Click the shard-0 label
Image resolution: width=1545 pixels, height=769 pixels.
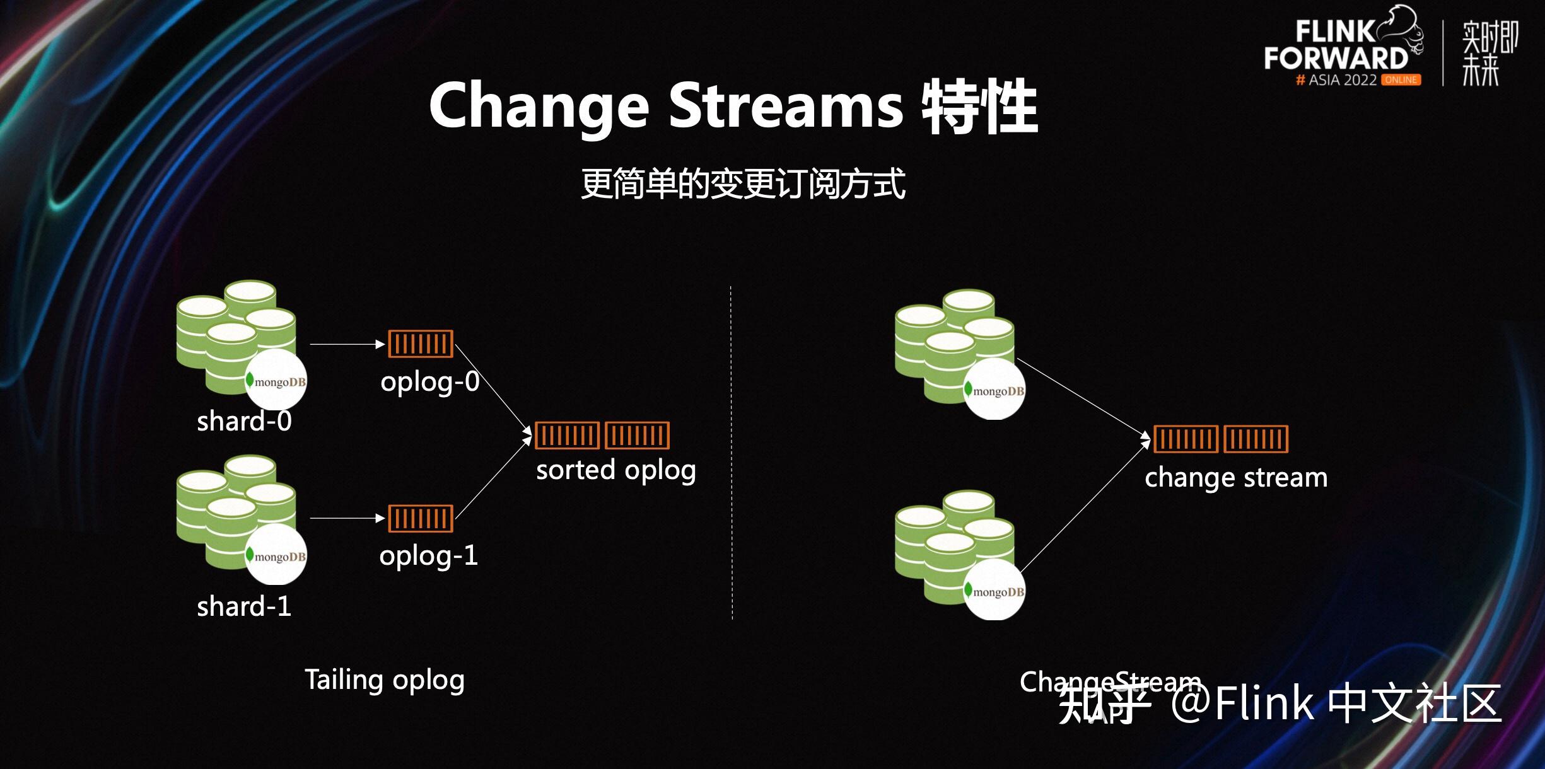(x=244, y=421)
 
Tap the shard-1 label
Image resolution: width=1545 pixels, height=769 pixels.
(x=244, y=606)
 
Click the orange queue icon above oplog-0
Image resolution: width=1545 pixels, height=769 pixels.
(x=421, y=344)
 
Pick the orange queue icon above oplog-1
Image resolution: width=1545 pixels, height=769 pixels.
(x=421, y=519)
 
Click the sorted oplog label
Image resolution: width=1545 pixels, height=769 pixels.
(x=616, y=471)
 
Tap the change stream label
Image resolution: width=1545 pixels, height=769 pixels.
(x=1236, y=478)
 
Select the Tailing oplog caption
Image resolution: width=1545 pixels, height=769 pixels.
(x=385, y=681)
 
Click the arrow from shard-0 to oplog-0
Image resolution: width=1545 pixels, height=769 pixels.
(x=347, y=344)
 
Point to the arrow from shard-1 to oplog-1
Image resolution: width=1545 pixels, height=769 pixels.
(x=347, y=518)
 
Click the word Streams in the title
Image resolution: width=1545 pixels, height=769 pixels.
(x=786, y=106)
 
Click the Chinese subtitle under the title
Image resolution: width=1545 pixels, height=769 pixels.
(x=743, y=183)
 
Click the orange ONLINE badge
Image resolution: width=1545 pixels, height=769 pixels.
(x=1401, y=80)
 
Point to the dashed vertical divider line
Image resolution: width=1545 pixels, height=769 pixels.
(x=732, y=453)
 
